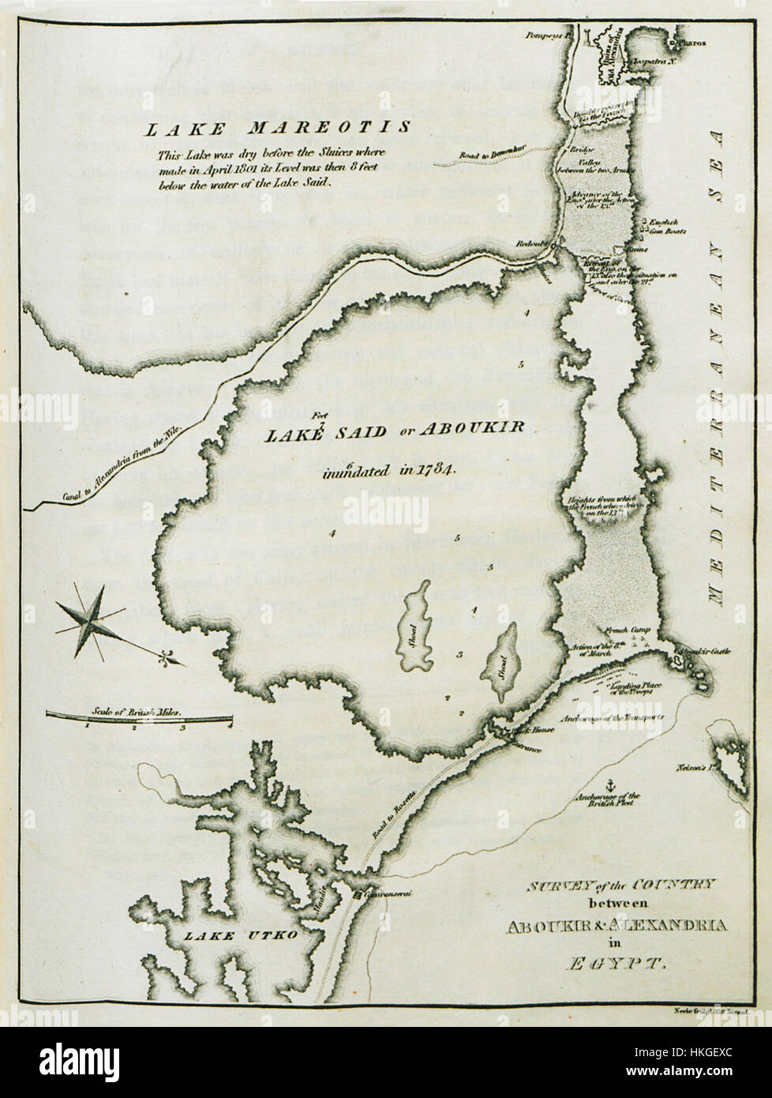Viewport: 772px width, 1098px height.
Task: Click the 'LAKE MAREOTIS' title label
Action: click(273, 128)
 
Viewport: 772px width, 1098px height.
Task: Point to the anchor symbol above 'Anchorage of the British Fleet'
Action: click(609, 784)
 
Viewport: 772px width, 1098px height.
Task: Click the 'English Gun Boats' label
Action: click(664, 227)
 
